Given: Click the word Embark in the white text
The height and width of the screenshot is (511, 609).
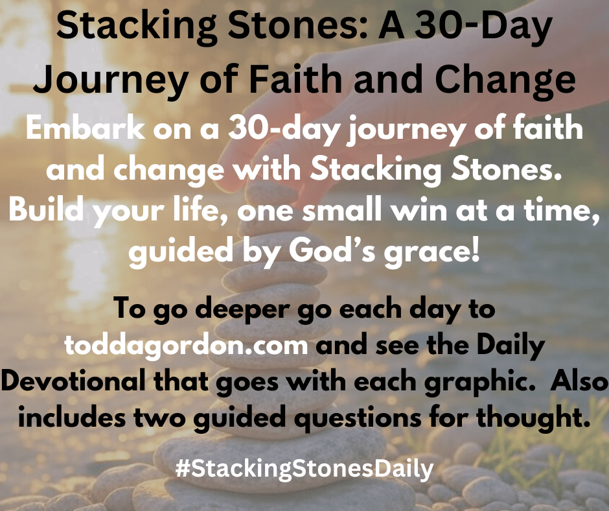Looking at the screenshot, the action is tap(86, 128).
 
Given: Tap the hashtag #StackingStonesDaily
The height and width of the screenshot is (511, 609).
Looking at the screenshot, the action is tap(304, 469).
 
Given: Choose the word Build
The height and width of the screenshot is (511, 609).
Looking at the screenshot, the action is tap(46, 209).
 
